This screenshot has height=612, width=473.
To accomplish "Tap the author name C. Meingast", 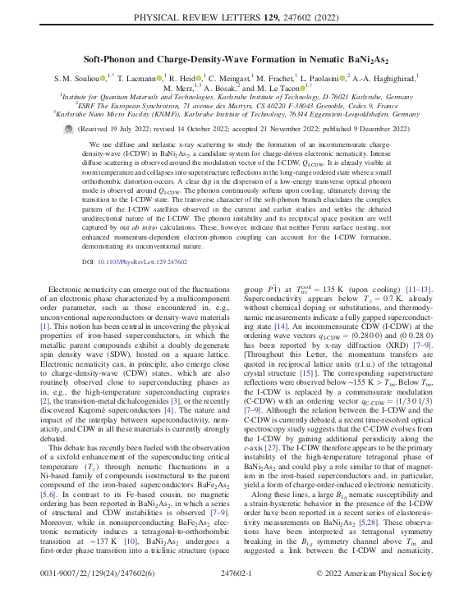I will tap(252, 77).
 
